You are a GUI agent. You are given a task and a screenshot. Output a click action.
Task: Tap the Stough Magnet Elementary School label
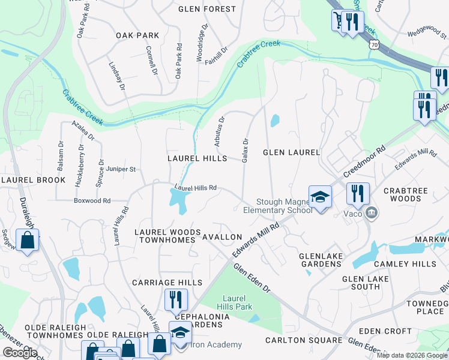(x=277, y=206)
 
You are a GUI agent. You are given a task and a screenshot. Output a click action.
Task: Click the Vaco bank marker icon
(x=372, y=213)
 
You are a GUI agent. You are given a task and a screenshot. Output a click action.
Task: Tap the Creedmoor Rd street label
(x=364, y=158)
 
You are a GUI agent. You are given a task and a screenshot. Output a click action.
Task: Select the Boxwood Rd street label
(x=92, y=201)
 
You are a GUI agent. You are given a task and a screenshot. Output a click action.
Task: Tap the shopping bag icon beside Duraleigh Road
(x=28, y=241)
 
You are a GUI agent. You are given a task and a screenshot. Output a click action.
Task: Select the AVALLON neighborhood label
(x=222, y=238)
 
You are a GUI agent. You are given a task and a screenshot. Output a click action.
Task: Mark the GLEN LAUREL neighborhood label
(x=291, y=152)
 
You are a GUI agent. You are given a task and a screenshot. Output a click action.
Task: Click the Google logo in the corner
(x=19, y=353)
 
